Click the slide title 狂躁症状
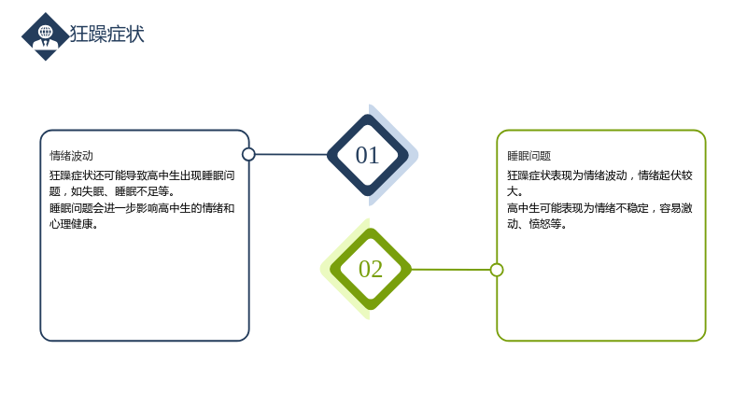pyautogui.click(x=106, y=35)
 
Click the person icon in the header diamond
pyautogui.click(x=45, y=36)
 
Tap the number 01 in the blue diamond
pyautogui.click(x=367, y=155)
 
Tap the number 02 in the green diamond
pyautogui.click(x=371, y=269)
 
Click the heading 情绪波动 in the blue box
pyautogui.click(x=72, y=156)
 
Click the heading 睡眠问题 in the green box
pyautogui.click(x=529, y=156)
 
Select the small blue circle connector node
pyautogui.click(x=248, y=154)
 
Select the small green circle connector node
pyautogui.click(x=497, y=270)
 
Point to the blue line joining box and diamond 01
pyautogui.click(x=291, y=154)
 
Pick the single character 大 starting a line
pyautogui.click(x=512, y=191)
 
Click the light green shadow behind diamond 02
pyautogui.click(x=332, y=269)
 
